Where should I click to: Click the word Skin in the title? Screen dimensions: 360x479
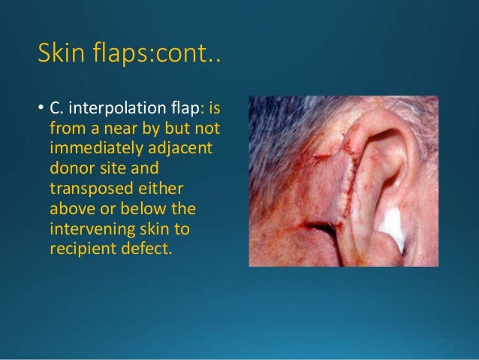click(x=61, y=53)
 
